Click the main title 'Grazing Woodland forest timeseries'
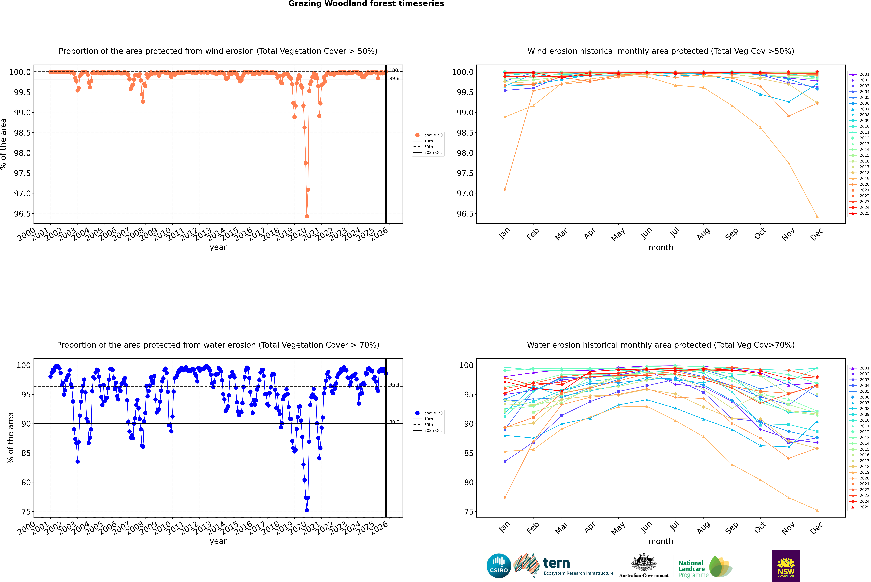coord(366,4)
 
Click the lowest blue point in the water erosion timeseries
coord(307,510)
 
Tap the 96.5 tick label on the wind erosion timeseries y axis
coord(22,214)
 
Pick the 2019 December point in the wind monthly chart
coord(817,216)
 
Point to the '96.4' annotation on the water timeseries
coord(394,385)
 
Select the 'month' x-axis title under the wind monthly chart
coord(660,248)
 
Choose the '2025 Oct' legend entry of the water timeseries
coord(433,431)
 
